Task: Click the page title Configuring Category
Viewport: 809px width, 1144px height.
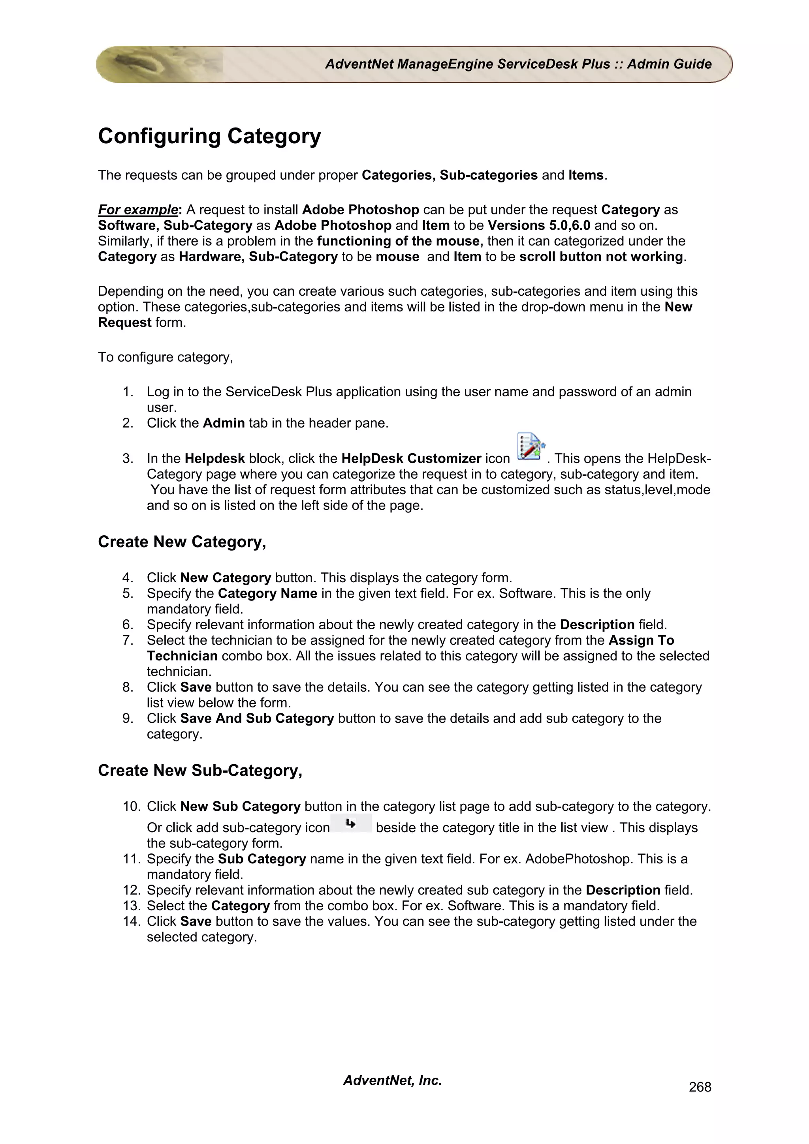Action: [x=209, y=137]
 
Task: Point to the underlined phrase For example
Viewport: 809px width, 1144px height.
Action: [x=137, y=210]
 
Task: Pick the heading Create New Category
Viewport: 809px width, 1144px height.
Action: [x=182, y=542]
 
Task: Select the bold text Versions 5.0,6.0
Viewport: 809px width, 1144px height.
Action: [x=539, y=226]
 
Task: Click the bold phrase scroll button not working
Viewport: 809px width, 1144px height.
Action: [x=601, y=257]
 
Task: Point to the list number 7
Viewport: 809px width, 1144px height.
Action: [x=128, y=641]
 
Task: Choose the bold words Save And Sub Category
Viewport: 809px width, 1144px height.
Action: [x=257, y=718]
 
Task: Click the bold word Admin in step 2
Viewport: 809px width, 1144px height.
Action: [x=224, y=424]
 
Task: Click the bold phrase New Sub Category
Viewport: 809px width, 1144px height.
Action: [x=240, y=806]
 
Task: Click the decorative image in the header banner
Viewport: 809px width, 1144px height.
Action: [x=160, y=64]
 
